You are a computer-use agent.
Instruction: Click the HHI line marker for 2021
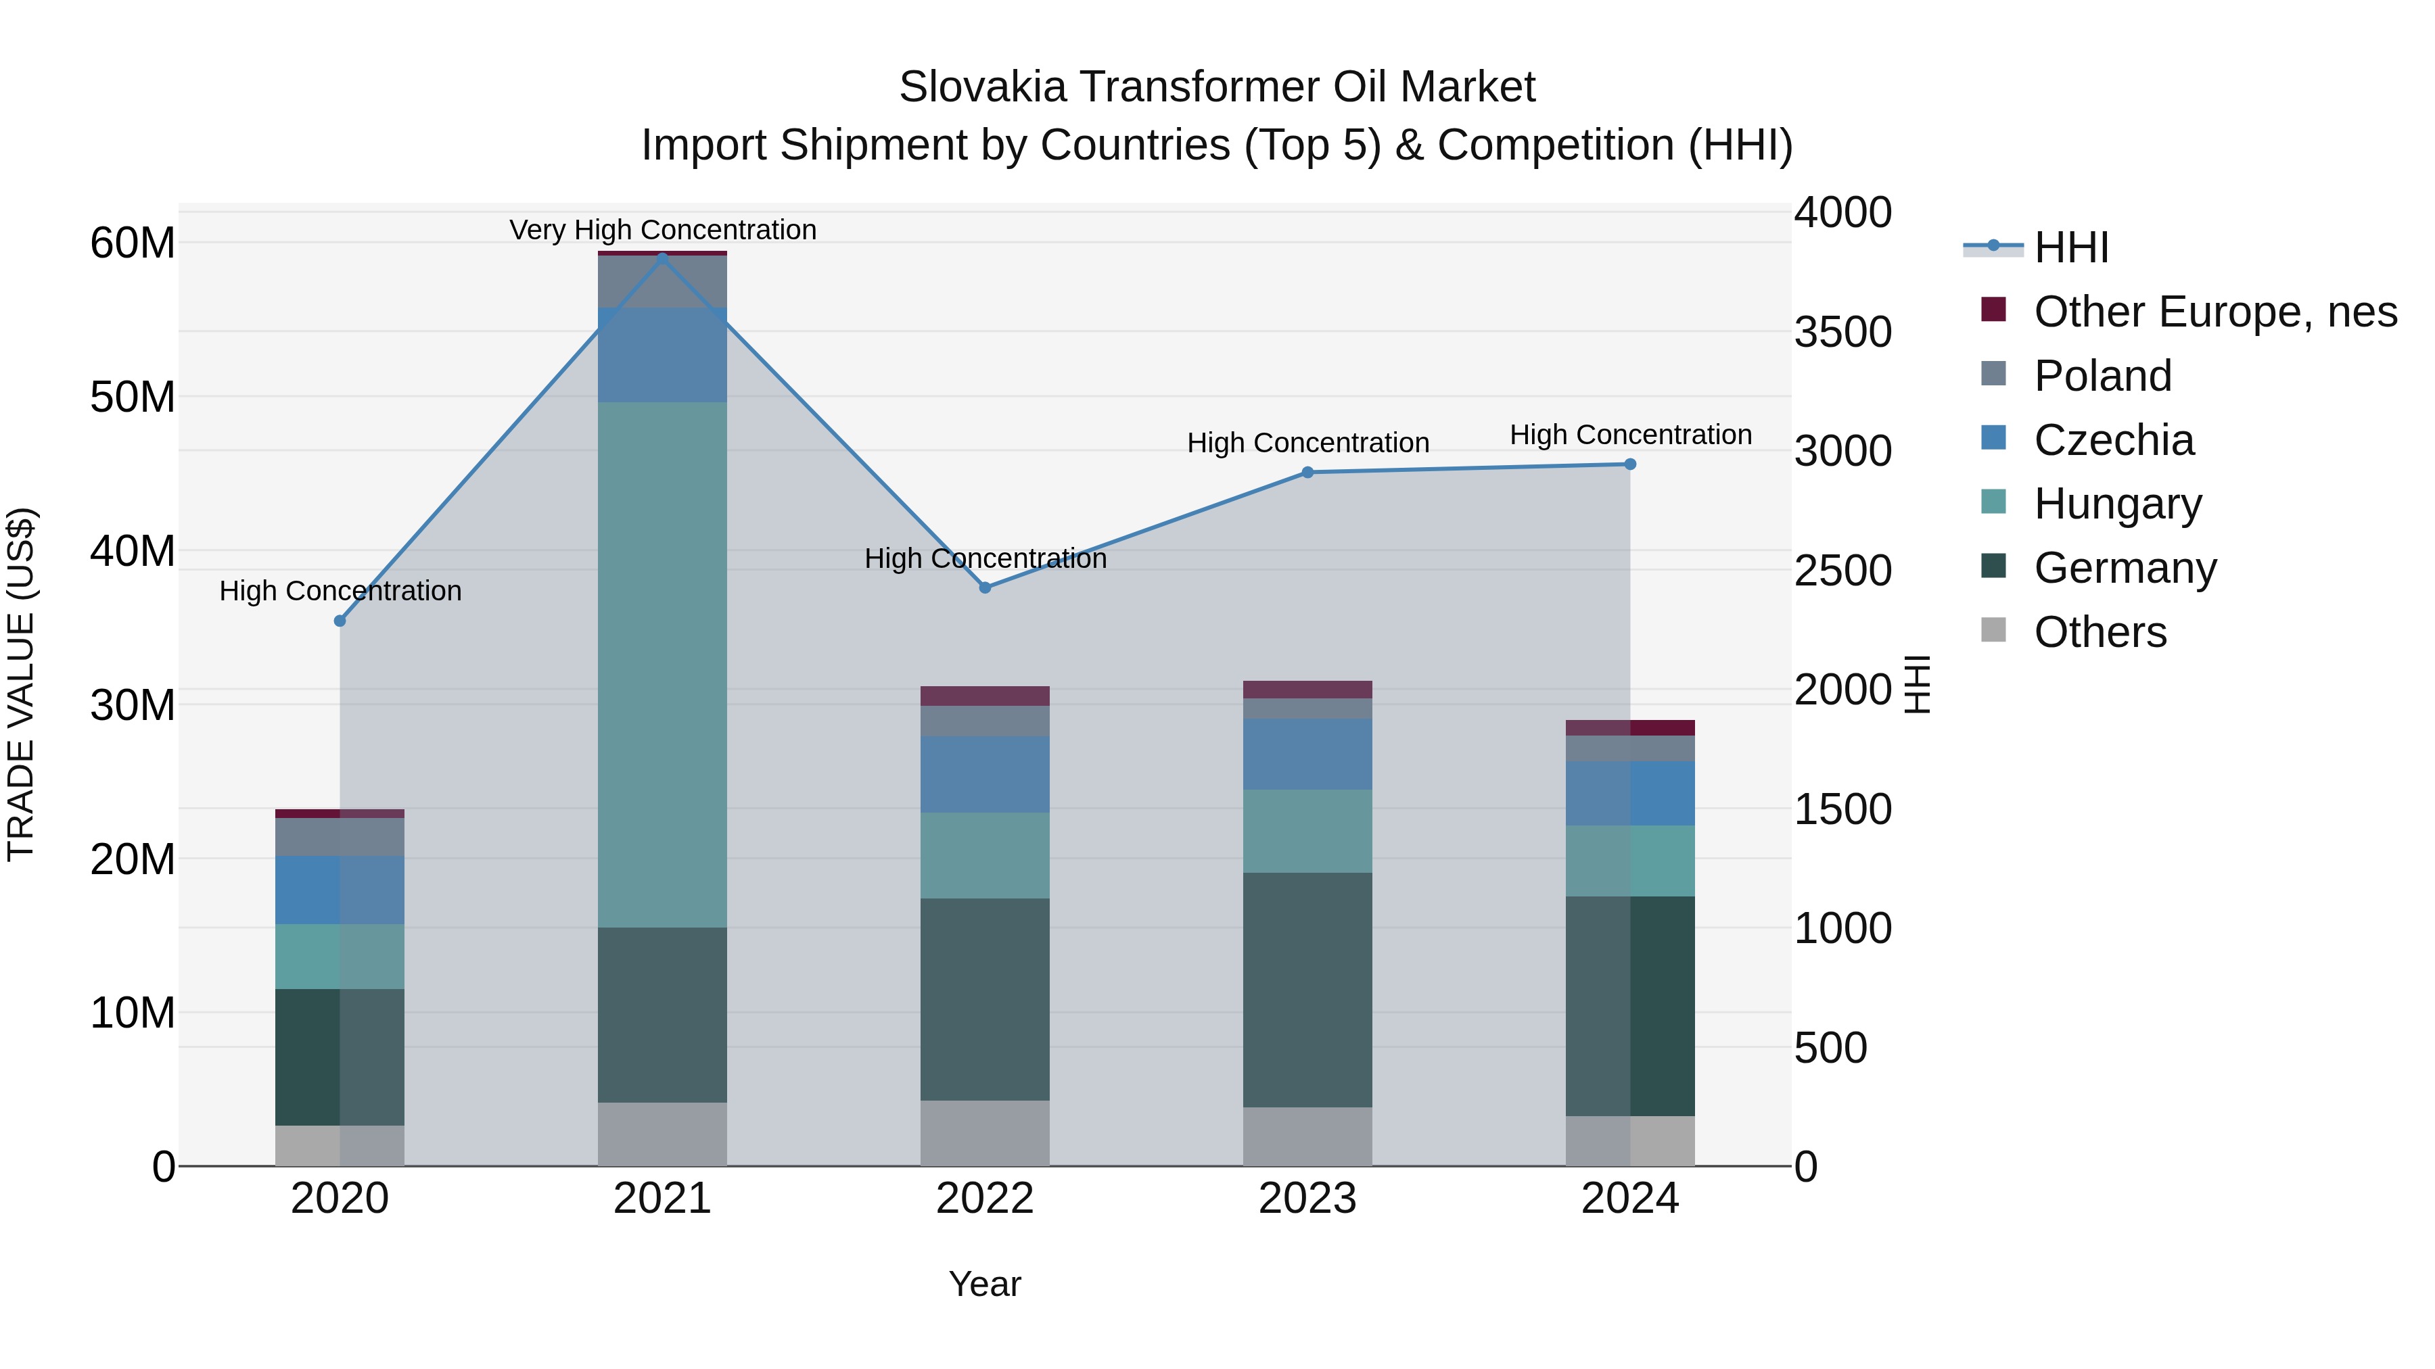point(663,257)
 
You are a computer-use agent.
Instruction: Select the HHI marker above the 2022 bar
point(985,587)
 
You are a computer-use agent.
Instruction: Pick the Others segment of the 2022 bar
point(985,1133)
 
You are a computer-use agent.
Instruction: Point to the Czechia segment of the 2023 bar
point(1307,754)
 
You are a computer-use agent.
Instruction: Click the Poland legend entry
point(2102,376)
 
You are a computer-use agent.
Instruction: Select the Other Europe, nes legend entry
point(2214,312)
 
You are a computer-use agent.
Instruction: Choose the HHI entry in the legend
point(2070,247)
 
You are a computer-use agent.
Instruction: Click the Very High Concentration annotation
point(663,230)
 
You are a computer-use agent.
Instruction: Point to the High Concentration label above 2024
point(1631,435)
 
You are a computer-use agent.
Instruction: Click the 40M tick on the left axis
point(133,551)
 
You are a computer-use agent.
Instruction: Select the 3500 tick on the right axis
point(1842,333)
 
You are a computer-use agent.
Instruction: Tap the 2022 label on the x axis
point(985,1199)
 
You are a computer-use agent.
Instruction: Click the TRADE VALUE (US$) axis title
point(21,684)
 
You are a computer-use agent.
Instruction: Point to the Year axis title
point(985,1284)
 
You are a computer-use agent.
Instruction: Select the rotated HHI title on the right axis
point(1917,684)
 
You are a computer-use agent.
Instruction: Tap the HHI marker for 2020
point(340,621)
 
